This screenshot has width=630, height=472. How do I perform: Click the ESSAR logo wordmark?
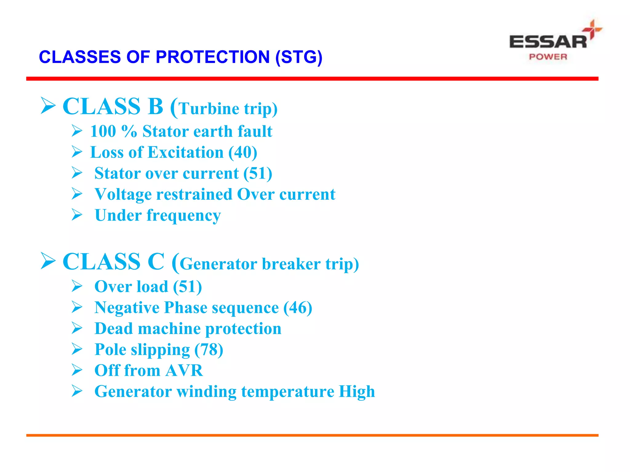[548, 42]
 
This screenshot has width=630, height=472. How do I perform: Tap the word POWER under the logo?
[548, 57]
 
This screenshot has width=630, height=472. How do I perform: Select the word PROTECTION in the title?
[213, 57]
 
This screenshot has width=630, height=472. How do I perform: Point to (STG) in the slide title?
[299, 57]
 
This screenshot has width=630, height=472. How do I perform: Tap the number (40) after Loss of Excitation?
[243, 152]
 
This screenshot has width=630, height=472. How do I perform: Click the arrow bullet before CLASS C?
[48, 261]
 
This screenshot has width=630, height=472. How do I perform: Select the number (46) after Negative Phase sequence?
[297, 308]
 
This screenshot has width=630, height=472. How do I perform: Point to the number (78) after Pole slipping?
[209, 350]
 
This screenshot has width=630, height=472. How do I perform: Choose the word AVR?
[184, 371]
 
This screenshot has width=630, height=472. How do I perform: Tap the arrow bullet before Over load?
[77, 286]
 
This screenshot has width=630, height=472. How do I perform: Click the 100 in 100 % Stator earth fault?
[103, 132]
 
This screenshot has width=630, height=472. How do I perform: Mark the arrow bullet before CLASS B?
[48, 106]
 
